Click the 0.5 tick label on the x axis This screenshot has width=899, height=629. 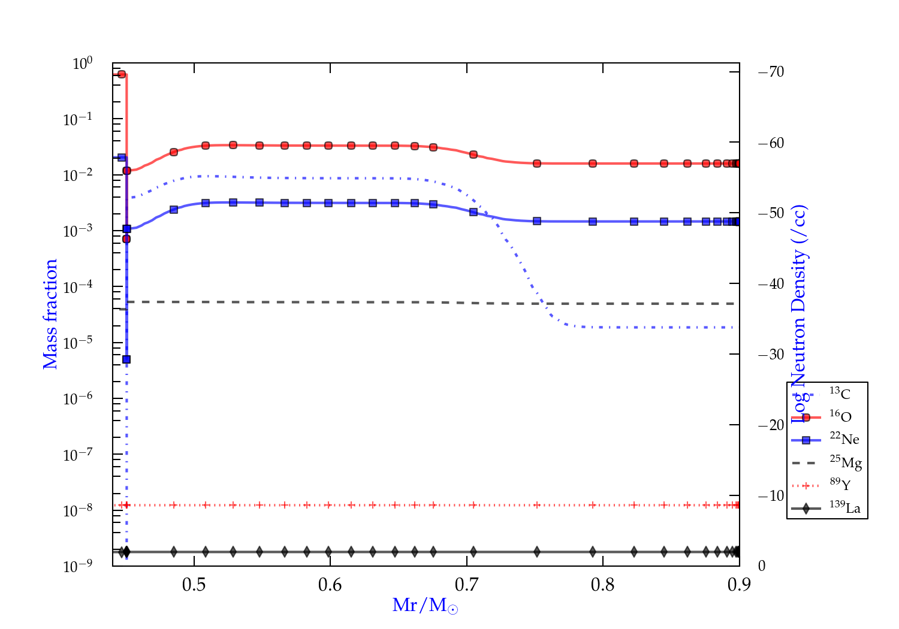[194, 585]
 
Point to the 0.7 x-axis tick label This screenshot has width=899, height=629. [466, 585]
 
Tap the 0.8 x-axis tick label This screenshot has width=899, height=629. [603, 585]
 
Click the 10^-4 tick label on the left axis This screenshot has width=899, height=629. [78, 287]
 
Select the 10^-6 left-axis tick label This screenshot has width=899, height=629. [78, 398]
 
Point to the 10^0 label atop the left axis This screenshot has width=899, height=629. [83, 63]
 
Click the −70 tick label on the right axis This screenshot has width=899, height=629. [771, 72]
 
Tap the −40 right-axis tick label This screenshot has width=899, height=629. [771, 283]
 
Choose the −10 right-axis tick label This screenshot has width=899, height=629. [771, 495]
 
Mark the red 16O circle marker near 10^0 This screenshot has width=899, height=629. [122, 74]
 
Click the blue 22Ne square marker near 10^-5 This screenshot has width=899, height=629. [126, 359]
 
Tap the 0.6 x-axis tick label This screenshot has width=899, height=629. [330, 585]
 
